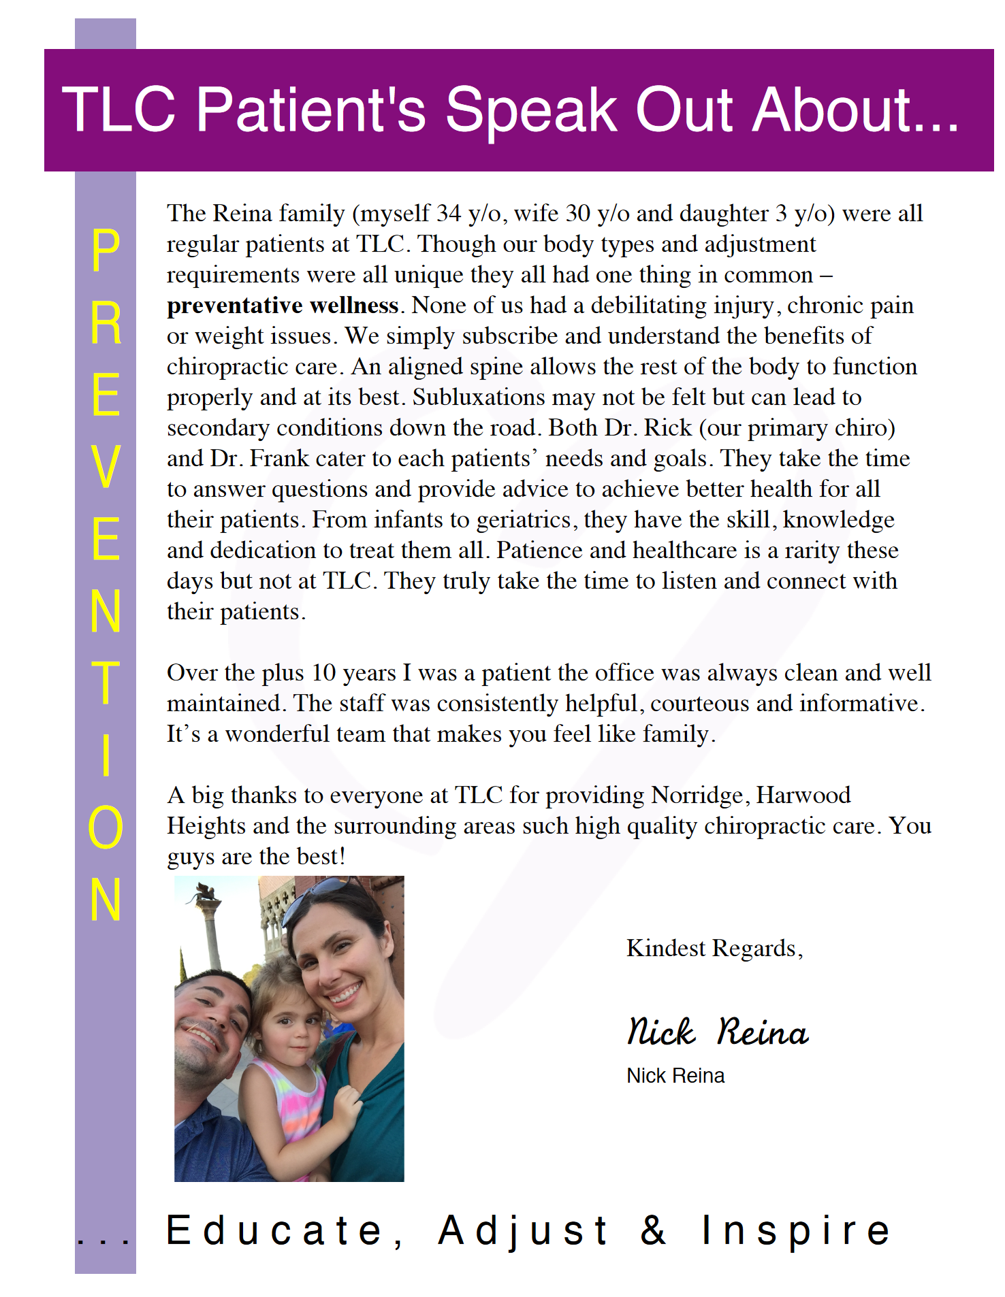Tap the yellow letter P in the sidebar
(106, 250)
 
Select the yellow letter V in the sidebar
(106, 466)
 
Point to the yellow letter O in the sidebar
(106, 827)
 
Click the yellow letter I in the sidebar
(106, 755)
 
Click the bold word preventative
(232, 306)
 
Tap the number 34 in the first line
(449, 214)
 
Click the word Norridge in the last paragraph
(697, 795)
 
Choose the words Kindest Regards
(714, 948)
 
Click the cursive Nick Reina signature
(718, 1031)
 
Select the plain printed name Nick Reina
(675, 1076)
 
